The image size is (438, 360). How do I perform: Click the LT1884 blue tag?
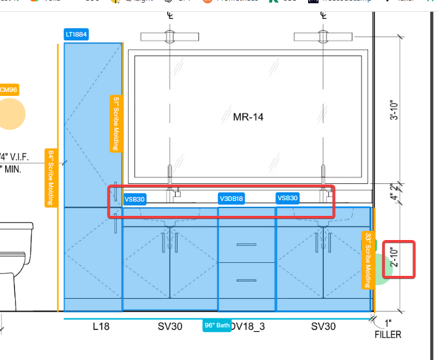pos(76,34)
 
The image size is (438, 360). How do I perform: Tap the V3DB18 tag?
pos(231,199)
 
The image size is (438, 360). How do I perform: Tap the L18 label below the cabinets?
pos(101,325)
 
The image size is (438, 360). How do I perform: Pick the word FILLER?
pos(388,335)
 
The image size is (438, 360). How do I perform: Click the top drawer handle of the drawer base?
pos(246,245)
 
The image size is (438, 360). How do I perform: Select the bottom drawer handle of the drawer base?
pos(246,282)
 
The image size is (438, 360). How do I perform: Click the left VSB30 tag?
pos(134,199)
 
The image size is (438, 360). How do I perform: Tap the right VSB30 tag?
pos(287,198)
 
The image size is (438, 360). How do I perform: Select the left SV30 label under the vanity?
pos(170,325)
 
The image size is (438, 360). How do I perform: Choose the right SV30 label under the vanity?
pos(322,325)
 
